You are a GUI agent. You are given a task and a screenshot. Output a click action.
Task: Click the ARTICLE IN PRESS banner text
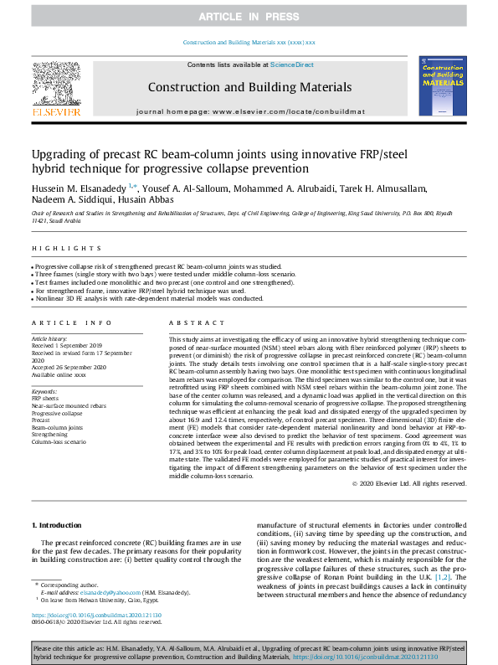(249, 17)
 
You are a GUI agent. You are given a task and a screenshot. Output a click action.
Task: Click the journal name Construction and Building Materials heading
(249, 86)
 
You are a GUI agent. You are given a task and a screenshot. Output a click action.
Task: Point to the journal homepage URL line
(249, 111)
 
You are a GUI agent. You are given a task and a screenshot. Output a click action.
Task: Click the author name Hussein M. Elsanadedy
(79, 188)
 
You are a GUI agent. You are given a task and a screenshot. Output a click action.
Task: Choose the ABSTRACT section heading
(191, 322)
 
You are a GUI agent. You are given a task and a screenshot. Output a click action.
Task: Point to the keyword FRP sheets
(46, 399)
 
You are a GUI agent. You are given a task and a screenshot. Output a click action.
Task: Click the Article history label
(50, 338)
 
